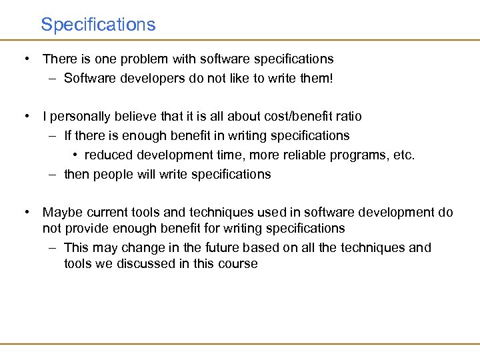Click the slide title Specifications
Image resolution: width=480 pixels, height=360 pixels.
[98, 25]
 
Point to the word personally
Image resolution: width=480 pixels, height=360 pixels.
[79, 117]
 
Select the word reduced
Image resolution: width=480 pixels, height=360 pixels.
[107, 155]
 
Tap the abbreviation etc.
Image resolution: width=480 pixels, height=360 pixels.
[404, 155]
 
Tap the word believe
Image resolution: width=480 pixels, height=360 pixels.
[131, 117]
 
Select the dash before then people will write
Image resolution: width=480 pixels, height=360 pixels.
[52, 175]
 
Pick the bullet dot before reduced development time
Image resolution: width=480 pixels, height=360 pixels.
[75, 155]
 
